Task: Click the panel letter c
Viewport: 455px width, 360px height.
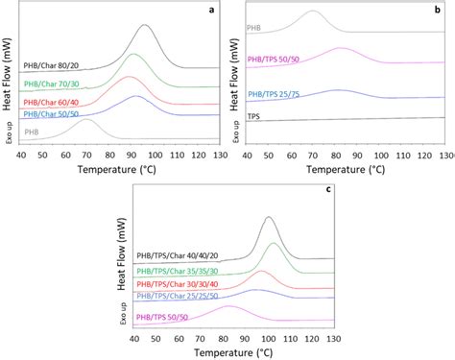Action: pyautogui.click(x=328, y=189)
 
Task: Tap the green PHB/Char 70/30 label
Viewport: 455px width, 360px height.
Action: pyautogui.click(x=53, y=85)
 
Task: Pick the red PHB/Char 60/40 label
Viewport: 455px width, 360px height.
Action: pyautogui.click(x=53, y=101)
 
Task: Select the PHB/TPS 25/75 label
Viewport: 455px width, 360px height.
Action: pyautogui.click(x=277, y=94)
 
